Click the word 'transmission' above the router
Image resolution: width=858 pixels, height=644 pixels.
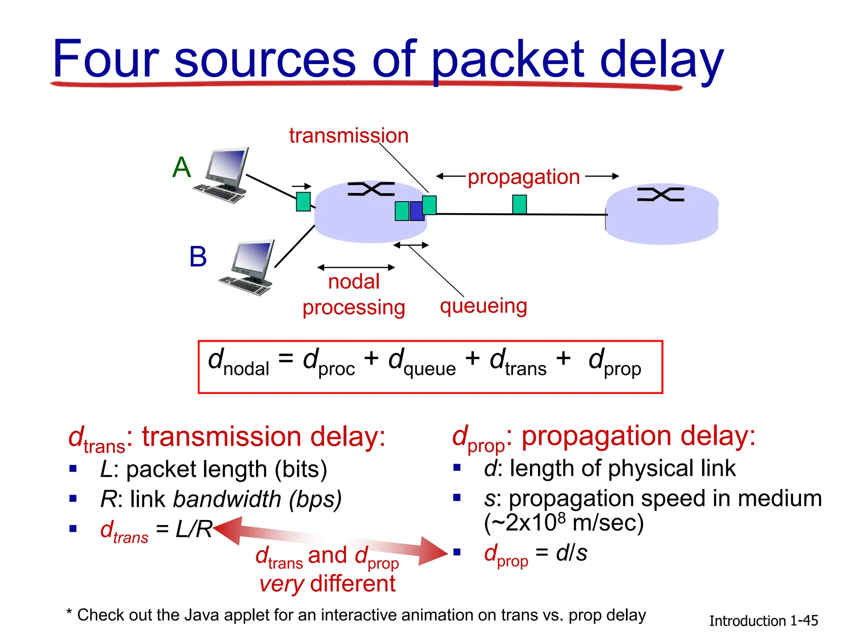click(349, 136)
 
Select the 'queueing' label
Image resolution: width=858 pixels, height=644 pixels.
click(483, 306)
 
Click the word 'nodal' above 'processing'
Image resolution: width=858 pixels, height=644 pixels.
click(354, 282)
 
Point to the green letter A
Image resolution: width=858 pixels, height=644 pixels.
click(182, 167)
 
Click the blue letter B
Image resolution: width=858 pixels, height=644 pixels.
click(198, 257)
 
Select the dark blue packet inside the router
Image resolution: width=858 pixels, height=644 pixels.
click(416, 211)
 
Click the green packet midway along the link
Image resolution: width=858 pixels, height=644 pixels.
click(519, 204)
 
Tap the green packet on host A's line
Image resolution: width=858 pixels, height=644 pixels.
click(303, 202)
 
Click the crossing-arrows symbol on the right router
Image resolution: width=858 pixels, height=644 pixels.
click(660, 195)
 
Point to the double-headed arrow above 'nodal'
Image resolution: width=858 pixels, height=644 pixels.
click(356, 267)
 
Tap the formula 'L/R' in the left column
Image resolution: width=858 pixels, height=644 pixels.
click(194, 529)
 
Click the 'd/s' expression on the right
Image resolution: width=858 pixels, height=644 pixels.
click(571, 553)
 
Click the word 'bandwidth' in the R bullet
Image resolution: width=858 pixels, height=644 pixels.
click(227, 499)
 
